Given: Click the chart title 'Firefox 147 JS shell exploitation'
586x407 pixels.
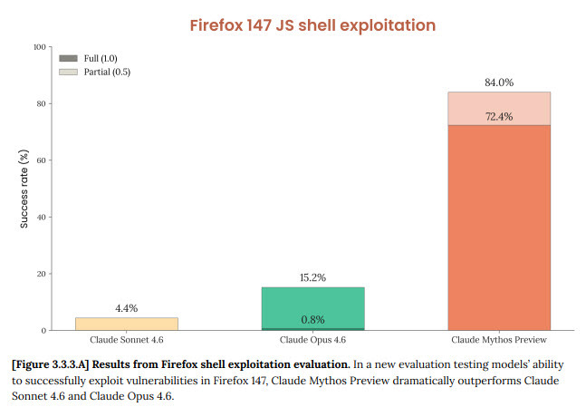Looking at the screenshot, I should [312, 24].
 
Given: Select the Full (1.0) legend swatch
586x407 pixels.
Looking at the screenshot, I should [69, 58].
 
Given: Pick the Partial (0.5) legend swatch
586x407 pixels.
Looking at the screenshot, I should [69, 72].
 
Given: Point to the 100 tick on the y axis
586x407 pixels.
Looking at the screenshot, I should [39, 47].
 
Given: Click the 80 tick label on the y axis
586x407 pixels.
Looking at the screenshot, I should [41, 103].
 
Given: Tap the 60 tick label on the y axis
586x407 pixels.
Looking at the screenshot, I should [41, 160].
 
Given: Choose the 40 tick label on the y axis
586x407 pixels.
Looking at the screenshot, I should [41, 217].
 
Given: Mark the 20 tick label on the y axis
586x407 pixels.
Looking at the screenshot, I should [41, 274].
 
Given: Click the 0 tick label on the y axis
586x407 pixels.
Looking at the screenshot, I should [43, 330].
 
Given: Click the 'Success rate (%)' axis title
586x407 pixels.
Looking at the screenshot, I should [24, 189].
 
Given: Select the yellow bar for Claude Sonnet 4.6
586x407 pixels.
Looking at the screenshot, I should [126, 324].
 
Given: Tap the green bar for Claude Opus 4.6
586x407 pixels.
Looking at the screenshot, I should [312, 306].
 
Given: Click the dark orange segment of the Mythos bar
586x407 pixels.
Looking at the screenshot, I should [498, 227].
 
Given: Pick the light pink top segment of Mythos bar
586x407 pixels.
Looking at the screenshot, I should [498, 108].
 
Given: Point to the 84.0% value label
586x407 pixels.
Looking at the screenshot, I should [498, 82].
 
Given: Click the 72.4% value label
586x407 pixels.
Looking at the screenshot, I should [498, 116].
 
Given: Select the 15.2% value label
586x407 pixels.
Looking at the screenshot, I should [312, 277].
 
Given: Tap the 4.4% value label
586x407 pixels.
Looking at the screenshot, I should [126, 308].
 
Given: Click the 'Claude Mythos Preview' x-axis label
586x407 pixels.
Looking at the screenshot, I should [498, 340].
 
